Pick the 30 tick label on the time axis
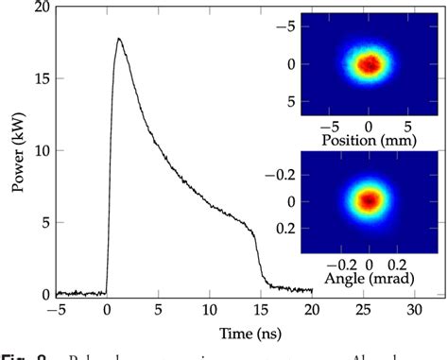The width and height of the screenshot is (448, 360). [414, 309]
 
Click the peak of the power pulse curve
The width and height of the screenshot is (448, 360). [118, 39]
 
